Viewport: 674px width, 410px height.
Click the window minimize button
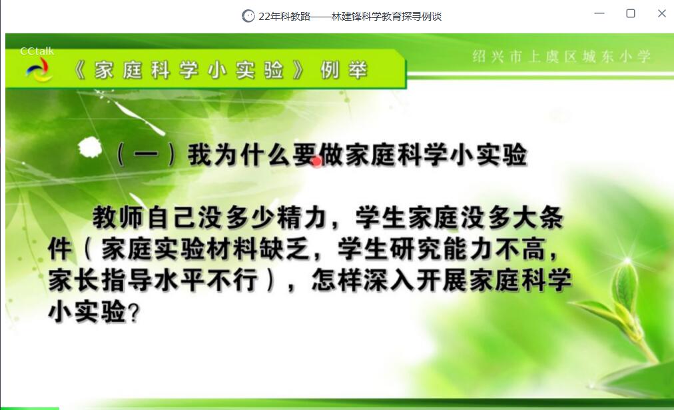(x=599, y=13)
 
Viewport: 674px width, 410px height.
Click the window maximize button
(x=631, y=13)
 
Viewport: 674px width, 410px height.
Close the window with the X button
(x=662, y=13)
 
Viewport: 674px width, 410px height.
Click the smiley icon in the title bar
(x=248, y=16)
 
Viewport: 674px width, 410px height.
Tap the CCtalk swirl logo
(x=39, y=70)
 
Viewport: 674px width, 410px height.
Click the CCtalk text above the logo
(x=37, y=51)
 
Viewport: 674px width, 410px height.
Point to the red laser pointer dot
(x=317, y=162)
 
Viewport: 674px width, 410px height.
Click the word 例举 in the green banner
(x=344, y=70)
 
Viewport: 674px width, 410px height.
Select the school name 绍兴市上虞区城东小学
(x=561, y=57)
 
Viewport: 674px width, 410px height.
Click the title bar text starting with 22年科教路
(x=350, y=17)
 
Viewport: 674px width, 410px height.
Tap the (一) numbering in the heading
(x=146, y=155)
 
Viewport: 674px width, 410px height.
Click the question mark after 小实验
(x=134, y=313)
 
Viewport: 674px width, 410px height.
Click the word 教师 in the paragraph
(x=118, y=217)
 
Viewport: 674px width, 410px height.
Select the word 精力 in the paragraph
(x=302, y=217)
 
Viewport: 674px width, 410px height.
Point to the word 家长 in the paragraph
(x=73, y=280)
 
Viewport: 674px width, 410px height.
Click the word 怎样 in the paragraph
(x=337, y=280)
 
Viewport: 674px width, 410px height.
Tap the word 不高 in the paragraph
(x=520, y=249)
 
